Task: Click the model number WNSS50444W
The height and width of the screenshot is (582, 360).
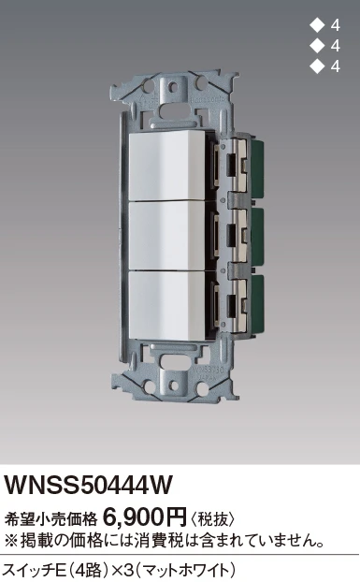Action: click(x=88, y=486)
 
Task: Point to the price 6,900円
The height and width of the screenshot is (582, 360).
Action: click(x=145, y=517)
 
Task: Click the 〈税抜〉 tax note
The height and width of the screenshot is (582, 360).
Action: click(x=212, y=518)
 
